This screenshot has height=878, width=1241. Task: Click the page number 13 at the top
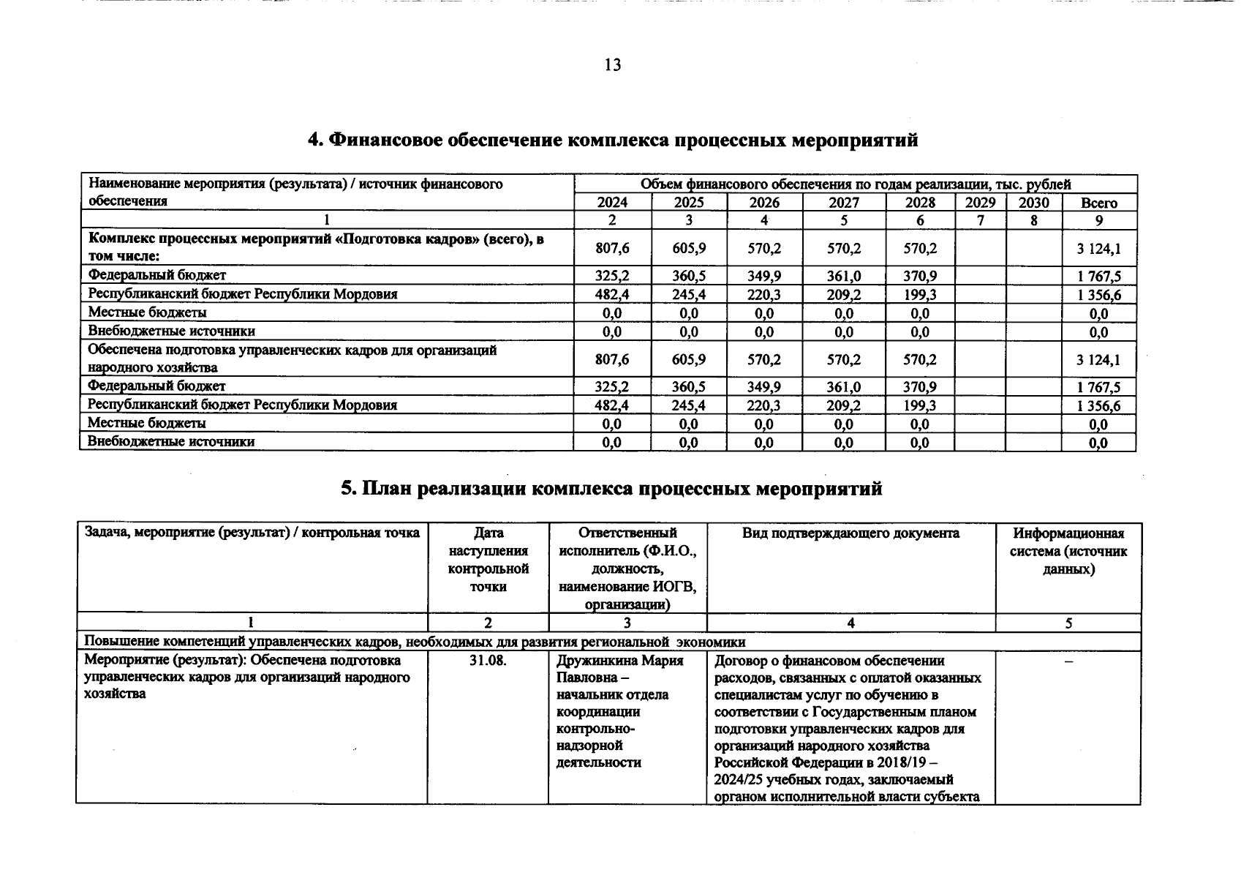coord(613,65)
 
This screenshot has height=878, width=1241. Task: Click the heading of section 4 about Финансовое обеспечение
coord(612,140)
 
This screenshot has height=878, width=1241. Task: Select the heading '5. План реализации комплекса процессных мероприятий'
coord(611,488)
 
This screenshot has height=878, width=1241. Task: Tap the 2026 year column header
coord(764,203)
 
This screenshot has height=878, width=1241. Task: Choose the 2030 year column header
coord(1033,203)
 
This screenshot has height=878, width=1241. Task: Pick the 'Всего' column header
coord(1098,203)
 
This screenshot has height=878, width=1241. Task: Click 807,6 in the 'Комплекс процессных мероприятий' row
coord(612,248)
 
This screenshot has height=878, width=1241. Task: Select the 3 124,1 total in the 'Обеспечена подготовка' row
coord(1098,359)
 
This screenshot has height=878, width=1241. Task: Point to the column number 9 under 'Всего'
coord(1098,220)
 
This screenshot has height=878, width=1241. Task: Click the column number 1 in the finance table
coord(327,220)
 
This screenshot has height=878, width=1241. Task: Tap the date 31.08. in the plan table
coord(488,661)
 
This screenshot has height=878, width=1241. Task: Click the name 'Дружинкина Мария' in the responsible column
coord(619,661)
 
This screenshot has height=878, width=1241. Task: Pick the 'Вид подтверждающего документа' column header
coord(850,533)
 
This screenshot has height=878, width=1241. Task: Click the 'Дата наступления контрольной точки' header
coord(488,560)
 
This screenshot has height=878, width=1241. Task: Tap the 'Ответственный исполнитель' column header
coord(627,569)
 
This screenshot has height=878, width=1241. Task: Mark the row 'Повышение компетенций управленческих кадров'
coord(415,642)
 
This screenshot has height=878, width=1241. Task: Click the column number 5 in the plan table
coord(1068,623)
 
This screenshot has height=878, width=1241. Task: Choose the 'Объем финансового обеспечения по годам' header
coord(856,184)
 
